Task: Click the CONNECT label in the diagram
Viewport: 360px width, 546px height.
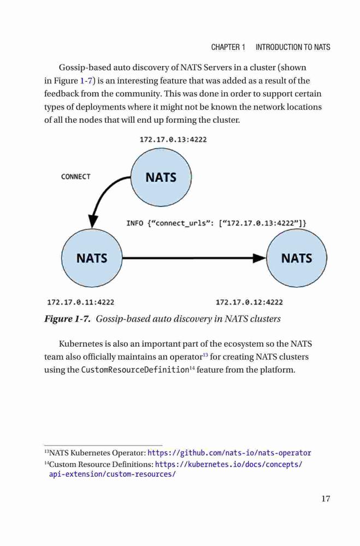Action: pos(75,176)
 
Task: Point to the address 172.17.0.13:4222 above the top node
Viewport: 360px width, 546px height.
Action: pos(173,140)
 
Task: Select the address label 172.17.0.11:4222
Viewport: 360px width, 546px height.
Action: pos(80,302)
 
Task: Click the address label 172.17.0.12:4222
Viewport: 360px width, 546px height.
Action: pos(249,302)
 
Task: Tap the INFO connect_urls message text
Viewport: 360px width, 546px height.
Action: pos(216,223)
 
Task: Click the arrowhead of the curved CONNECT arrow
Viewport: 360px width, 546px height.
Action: pos(93,222)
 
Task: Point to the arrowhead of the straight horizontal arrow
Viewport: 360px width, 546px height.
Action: pos(259,258)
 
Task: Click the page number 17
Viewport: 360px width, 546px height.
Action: pos(326,498)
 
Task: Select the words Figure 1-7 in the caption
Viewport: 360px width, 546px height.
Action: pos(67,319)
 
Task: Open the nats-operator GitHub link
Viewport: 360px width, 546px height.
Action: pos(229,453)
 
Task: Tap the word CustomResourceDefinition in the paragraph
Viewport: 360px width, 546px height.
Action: pos(135,370)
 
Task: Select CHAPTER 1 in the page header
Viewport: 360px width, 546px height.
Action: pos(228,47)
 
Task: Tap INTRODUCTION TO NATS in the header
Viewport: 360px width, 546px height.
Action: pos(293,47)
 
